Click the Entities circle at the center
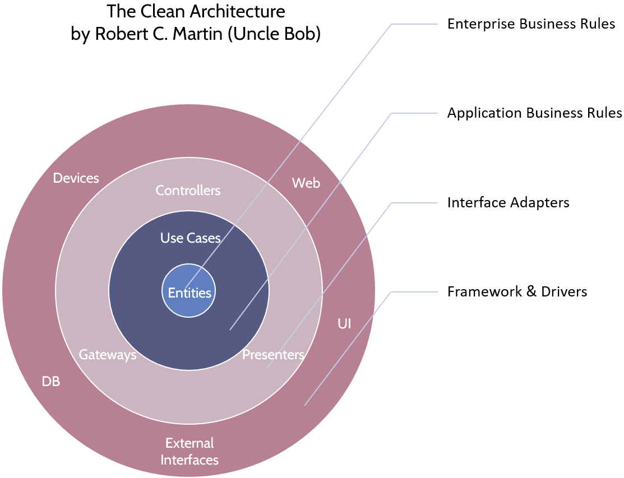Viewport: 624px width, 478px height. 189,293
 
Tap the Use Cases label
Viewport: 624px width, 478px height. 190,238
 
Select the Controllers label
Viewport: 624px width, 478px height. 188,191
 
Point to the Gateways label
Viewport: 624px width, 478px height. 107,355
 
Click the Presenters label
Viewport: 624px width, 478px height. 273,355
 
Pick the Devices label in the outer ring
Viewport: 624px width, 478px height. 76,178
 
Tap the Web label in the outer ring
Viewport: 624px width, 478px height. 306,183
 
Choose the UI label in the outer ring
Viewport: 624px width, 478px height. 344,324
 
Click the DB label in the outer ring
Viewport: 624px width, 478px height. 51,382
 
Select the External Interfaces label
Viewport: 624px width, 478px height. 189,452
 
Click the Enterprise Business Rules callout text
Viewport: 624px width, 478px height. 531,24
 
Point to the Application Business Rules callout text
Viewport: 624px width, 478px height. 534,113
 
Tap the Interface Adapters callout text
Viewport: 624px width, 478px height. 508,202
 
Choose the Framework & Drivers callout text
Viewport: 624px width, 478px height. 517,291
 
